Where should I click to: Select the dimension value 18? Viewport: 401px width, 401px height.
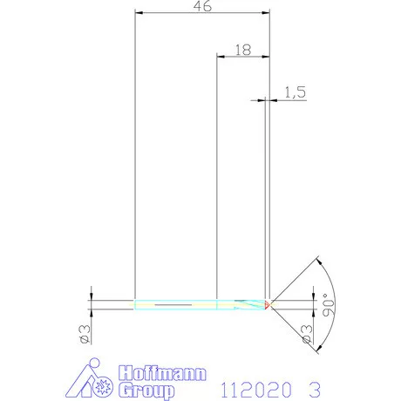[x=242, y=51]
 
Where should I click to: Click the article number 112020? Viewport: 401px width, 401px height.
[x=254, y=387]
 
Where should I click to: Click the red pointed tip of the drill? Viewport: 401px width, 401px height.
[x=269, y=304]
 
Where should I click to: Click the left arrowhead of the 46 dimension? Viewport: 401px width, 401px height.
[x=139, y=14]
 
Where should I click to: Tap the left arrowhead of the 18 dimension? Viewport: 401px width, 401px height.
[x=220, y=58]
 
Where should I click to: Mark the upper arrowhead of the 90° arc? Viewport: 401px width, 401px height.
[x=319, y=260]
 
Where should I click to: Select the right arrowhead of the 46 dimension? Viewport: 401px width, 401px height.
[x=265, y=14]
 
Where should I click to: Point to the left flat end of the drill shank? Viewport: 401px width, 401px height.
[x=136, y=304]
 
